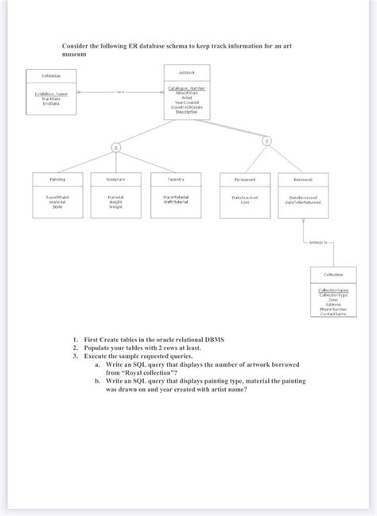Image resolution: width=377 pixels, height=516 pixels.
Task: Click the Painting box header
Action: [x=56, y=179]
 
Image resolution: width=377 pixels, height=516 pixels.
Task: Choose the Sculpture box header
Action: [x=115, y=179]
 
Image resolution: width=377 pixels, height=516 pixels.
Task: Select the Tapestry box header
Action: [x=176, y=179]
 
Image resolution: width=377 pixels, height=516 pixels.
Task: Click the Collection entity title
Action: [x=332, y=274]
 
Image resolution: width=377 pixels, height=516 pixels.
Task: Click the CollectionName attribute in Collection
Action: [x=332, y=290]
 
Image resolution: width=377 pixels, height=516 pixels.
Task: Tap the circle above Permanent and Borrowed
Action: [x=266, y=141]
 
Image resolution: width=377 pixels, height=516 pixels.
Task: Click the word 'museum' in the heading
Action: [x=77, y=56]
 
